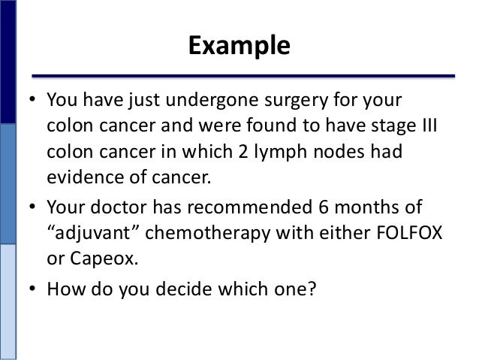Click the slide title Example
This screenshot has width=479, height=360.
pos(239,47)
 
